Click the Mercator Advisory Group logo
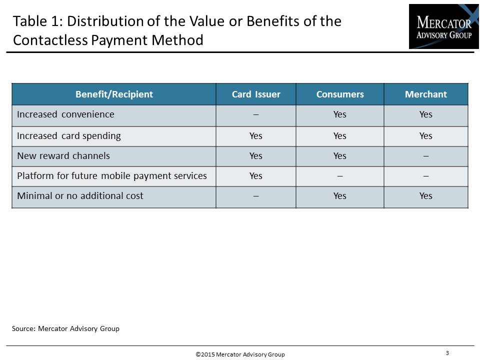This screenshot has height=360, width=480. (x=443, y=26)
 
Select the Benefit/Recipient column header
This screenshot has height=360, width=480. (x=114, y=94)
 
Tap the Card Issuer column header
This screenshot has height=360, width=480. (x=256, y=94)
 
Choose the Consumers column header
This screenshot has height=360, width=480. (x=340, y=94)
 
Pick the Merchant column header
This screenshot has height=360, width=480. (x=426, y=94)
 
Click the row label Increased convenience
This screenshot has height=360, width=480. (x=65, y=114)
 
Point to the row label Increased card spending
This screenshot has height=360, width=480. (x=69, y=136)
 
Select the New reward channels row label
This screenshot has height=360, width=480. (x=63, y=156)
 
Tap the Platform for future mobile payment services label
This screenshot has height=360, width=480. (x=112, y=176)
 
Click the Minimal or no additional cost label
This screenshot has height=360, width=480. (x=80, y=196)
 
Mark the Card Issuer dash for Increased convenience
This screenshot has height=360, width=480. (x=256, y=115)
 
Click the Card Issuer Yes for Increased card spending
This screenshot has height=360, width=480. (x=255, y=136)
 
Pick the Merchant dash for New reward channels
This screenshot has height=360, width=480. (x=426, y=156)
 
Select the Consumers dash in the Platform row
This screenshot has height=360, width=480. (x=340, y=176)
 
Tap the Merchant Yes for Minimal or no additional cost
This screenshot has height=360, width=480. (x=426, y=196)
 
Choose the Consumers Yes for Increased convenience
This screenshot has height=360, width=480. (x=340, y=114)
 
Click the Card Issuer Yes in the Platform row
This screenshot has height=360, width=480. (x=255, y=176)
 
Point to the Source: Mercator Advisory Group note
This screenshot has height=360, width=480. (x=65, y=329)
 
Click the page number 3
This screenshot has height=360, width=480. (x=447, y=353)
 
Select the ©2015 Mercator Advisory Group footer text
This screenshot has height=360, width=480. (x=240, y=354)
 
